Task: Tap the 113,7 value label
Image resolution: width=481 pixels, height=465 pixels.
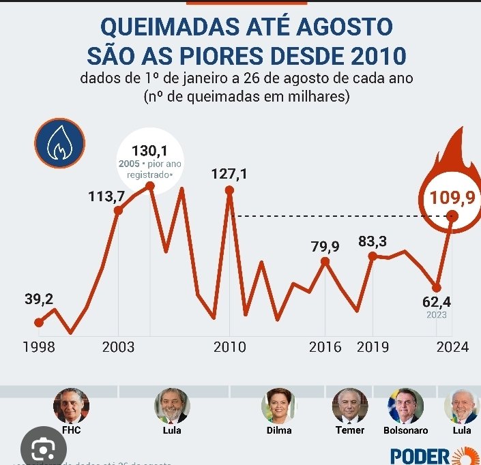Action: tap(106, 196)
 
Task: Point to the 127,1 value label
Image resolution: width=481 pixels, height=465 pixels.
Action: tap(229, 175)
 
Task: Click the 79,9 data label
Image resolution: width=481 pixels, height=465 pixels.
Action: tap(325, 247)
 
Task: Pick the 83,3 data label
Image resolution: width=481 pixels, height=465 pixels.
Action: tap(372, 241)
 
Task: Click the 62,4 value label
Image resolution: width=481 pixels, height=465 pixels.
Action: tap(437, 301)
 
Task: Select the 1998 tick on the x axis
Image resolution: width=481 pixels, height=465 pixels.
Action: tap(40, 347)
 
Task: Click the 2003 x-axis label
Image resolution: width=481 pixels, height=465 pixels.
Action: tap(118, 347)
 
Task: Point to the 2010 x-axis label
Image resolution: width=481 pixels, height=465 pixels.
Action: tap(229, 347)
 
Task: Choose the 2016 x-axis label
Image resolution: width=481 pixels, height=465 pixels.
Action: tap(325, 347)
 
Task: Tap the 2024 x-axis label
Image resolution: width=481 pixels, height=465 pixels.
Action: tap(452, 347)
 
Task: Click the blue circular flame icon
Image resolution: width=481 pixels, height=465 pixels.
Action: tap(60, 145)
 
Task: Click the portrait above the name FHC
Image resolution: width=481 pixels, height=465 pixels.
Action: tap(71, 406)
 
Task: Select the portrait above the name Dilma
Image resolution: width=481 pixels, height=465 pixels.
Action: tap(279, 406)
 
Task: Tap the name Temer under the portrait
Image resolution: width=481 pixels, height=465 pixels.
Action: tap(350, 430)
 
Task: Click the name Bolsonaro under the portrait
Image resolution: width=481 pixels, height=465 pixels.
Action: tap(405, 430)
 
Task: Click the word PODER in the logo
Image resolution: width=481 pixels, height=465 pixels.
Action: tap(420, 455)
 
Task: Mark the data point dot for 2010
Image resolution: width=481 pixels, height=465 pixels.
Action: tap(229, 190)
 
